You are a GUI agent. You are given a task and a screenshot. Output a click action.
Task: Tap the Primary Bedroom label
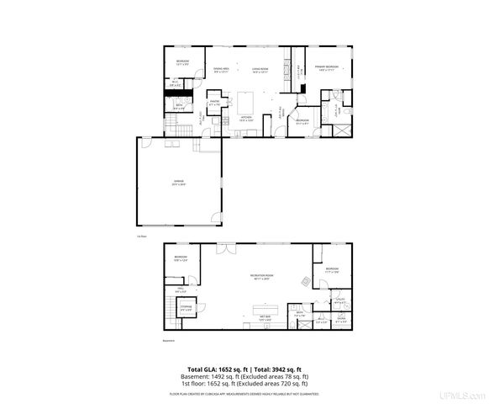pyautogui.click(x=326, y=66)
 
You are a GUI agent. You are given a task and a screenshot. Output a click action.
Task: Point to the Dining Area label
pyautogui.click(x=221, y=70)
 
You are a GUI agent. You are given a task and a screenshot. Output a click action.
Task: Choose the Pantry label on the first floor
pyautogui.click(x=214, y=102)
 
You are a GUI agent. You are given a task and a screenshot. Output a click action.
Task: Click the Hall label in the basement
pyautogui.click(x=179, y=291)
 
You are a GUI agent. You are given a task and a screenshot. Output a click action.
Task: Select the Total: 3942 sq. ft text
pyautogui.click(x=283, y=369)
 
